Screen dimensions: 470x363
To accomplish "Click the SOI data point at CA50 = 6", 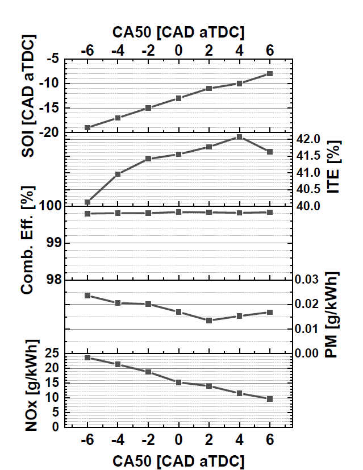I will coord(270,74).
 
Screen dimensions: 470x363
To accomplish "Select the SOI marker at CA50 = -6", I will coord(87,127).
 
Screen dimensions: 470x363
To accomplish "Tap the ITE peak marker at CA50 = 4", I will coord(240,137).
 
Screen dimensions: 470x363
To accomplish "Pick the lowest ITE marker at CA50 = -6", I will coord(87,202).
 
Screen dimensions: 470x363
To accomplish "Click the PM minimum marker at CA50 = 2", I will coord(209,321).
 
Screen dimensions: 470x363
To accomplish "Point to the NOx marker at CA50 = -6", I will coord(87,357).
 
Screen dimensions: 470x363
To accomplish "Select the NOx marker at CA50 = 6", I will coord(270,399).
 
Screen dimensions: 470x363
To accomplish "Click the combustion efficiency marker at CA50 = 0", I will coord(178,212).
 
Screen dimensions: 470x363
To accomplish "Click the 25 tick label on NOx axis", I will coord(52,353).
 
